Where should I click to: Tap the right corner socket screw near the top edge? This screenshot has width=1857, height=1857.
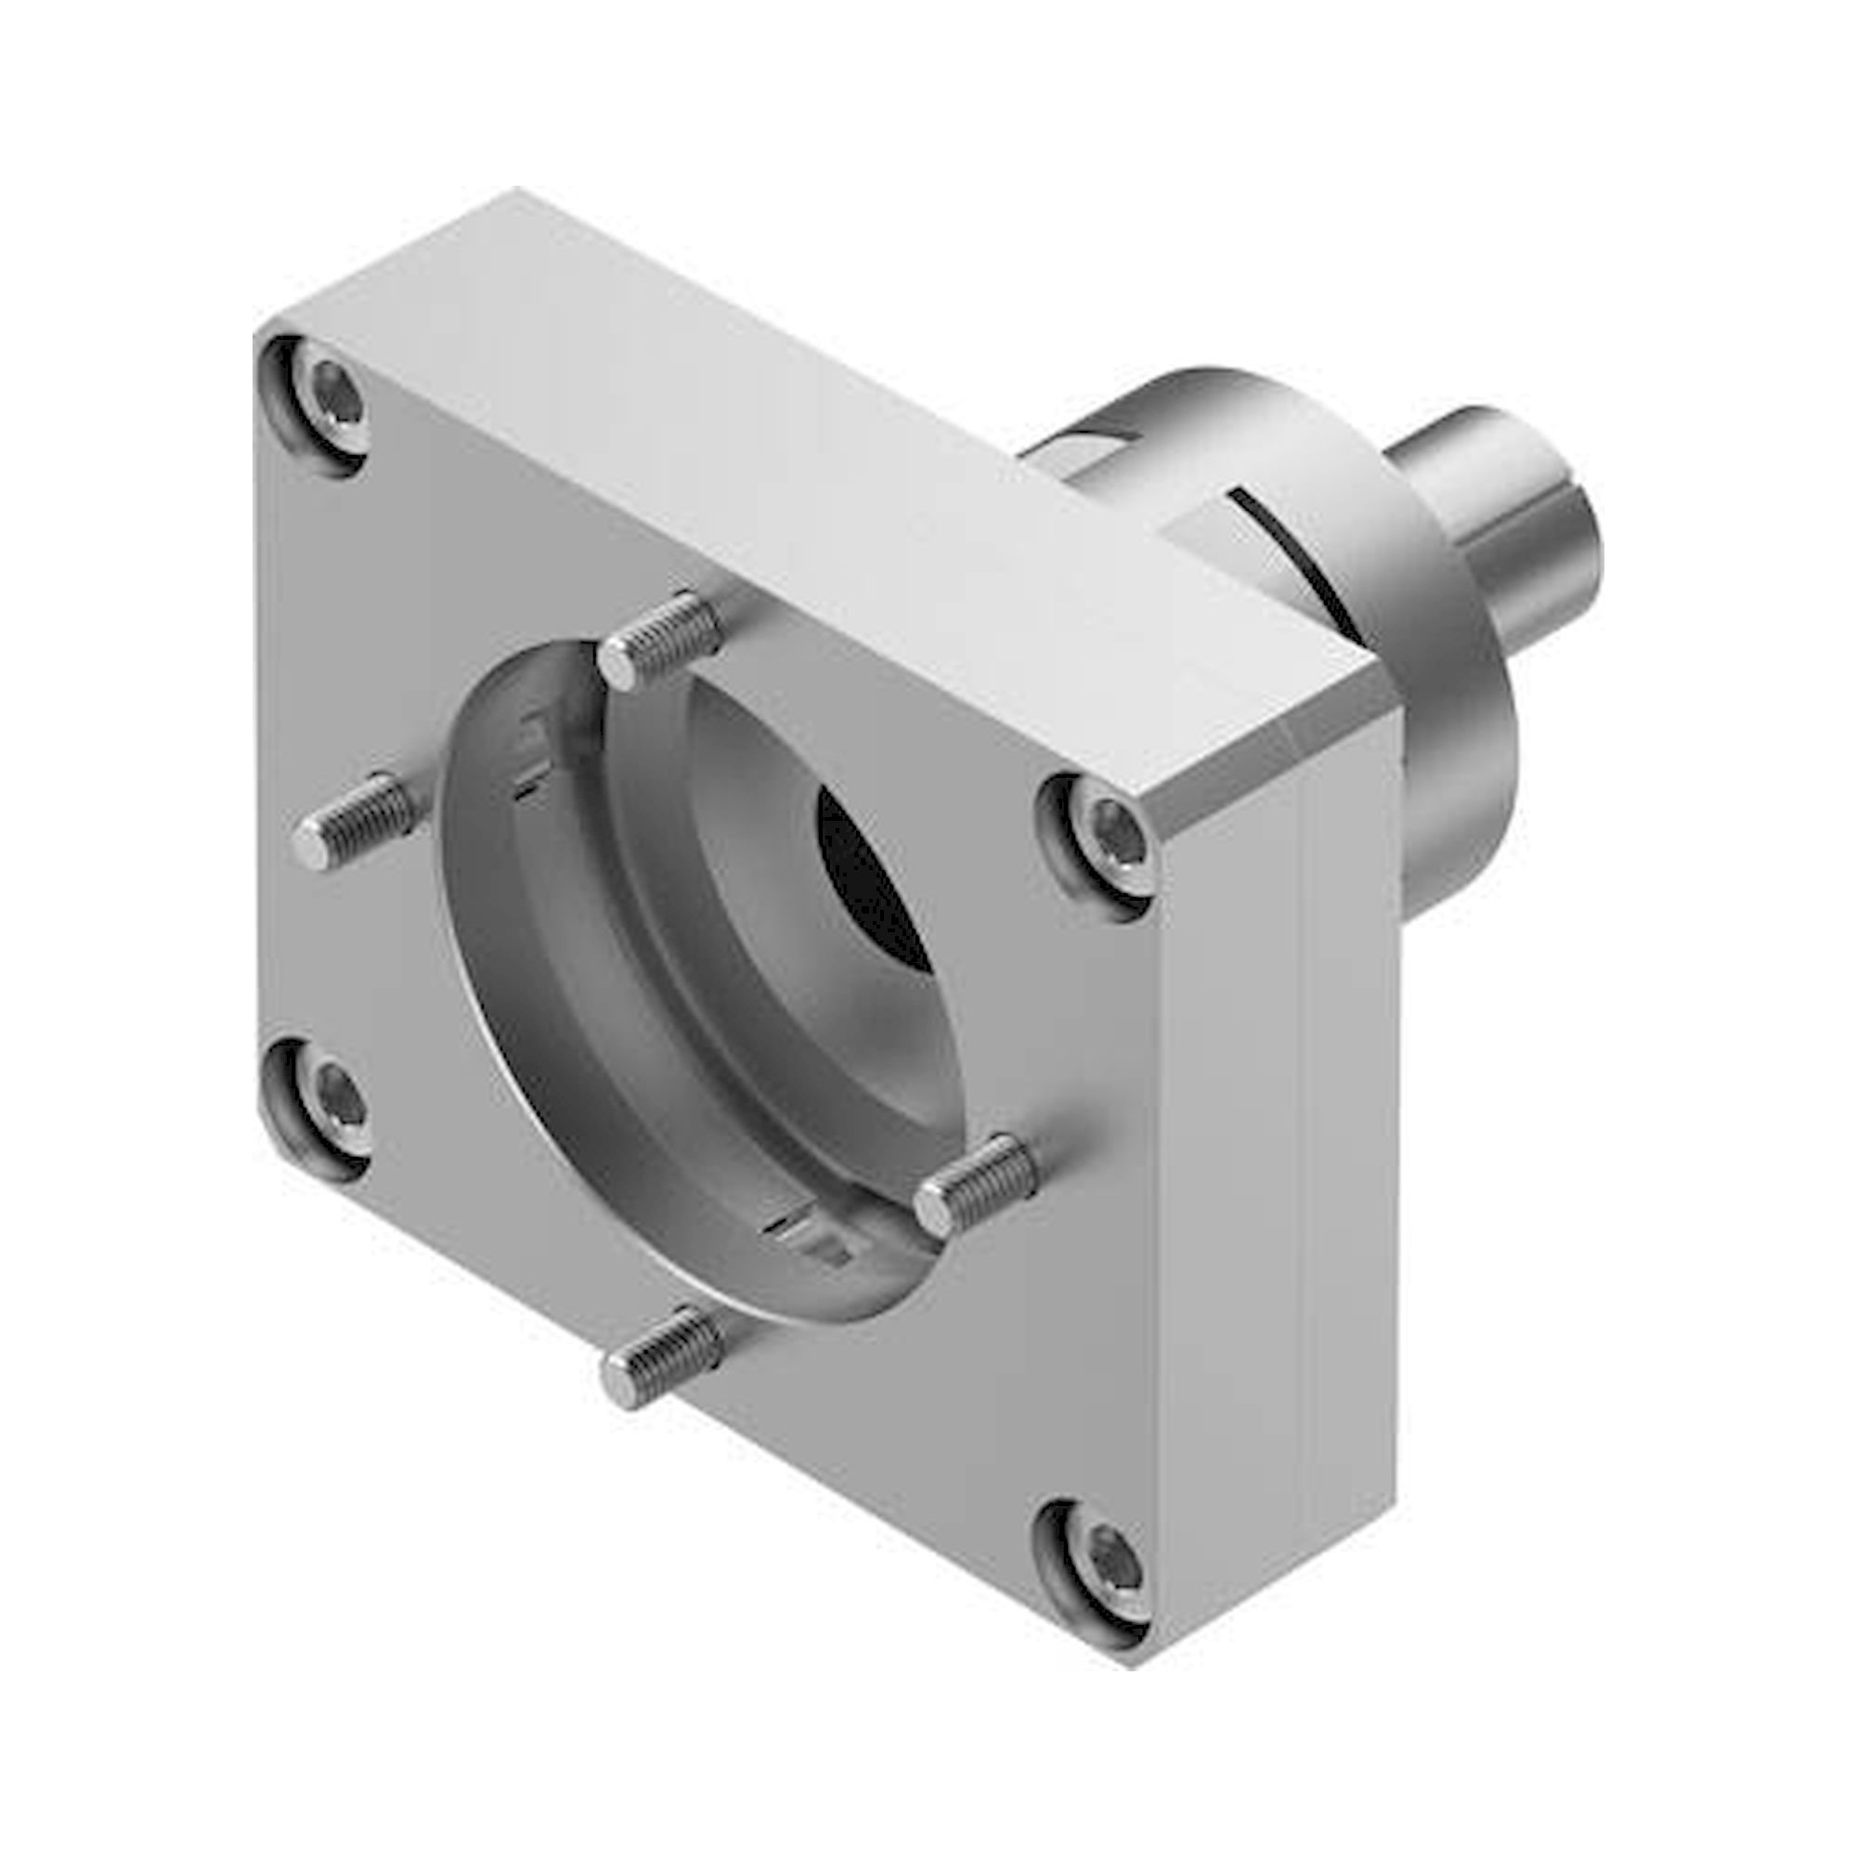pos(1108,837)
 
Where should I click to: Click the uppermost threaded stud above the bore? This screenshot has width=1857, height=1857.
pos(662,639)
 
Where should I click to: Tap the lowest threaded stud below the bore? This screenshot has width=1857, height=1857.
pos(663,1356)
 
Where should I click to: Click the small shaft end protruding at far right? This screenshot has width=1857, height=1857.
pos(1500,519)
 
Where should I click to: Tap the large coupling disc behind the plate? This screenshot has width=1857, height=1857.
pos(1442,731)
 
